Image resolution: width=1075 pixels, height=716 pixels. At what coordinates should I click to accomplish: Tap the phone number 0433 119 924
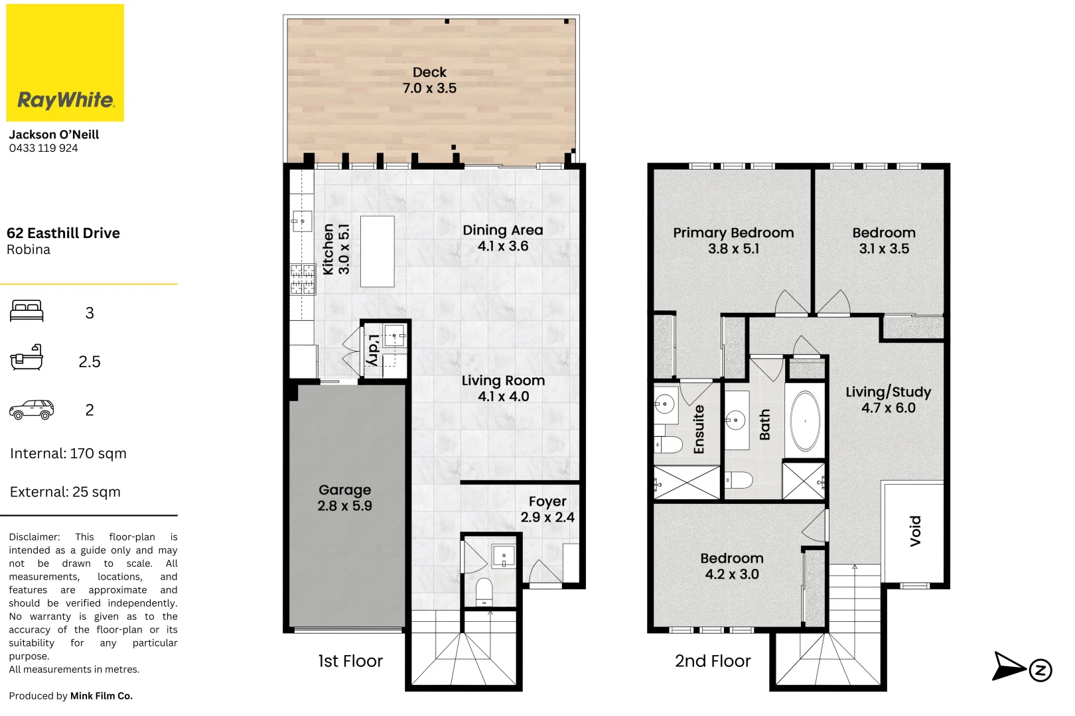[43, 149]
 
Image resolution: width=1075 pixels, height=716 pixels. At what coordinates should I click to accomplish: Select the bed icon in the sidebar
[27, 311]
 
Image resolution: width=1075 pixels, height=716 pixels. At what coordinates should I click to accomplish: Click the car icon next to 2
[31, 410]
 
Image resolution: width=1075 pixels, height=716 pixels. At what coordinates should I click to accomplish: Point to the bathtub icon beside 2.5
[27, 359]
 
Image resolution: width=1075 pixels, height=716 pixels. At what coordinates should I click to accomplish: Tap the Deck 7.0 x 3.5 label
[429, 80]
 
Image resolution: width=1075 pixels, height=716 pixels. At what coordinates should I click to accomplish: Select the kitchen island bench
[377, 251]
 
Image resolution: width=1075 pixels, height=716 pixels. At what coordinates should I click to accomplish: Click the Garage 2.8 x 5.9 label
[344, 498]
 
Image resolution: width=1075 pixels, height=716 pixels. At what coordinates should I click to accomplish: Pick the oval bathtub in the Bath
[805, 422]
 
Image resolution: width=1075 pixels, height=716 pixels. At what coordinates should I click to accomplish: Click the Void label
[915, 530]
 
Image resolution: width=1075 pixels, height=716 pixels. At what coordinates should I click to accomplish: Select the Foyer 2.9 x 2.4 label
[547, 509]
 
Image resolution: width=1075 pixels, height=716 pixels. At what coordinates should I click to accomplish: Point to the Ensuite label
[699, 430]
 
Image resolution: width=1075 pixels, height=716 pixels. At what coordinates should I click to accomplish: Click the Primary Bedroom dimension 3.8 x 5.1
[733, 249]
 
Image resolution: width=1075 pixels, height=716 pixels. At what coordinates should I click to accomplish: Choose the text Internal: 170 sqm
[68, 453]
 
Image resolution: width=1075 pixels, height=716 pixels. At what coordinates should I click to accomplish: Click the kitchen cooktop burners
[302, 279]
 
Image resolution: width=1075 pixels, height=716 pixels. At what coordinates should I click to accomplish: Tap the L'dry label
[374, 349]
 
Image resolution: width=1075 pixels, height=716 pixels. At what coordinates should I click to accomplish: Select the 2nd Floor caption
[713, 661]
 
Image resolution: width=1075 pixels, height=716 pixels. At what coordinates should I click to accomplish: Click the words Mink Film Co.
[102, 696]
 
